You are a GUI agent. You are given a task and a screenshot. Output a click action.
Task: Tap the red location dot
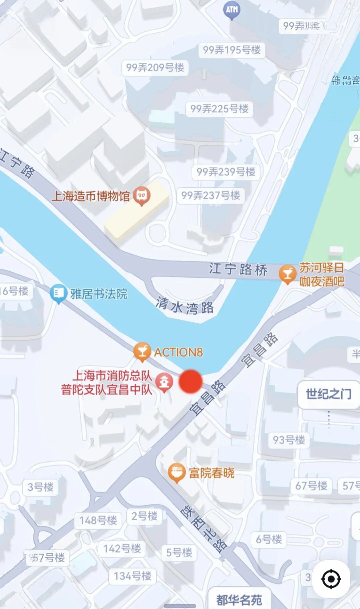tap(191, 382)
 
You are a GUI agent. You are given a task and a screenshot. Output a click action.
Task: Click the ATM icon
tap(232, 10)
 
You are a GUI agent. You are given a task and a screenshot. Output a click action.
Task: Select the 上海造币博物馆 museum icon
tap(142, 195)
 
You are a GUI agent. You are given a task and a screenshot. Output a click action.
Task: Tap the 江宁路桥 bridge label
tap(238, 269)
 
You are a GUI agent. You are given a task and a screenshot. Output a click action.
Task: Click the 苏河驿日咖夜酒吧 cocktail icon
tap(287, 274)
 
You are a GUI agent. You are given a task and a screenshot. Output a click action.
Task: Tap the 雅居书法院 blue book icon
tap(58, 293)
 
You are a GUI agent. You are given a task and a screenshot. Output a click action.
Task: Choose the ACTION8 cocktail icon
tap(142, 352)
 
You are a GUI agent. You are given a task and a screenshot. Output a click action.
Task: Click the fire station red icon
tap(164, 382)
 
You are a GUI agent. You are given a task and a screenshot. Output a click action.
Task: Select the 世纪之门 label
tap(328, 394)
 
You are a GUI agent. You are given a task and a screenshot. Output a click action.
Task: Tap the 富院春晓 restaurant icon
tap(176, 472)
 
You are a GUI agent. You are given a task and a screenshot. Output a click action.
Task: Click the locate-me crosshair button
tap(331, 579)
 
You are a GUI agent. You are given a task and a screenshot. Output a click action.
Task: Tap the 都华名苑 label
tap(239, 600)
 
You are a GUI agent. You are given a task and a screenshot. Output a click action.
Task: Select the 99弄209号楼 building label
tap(155, 68)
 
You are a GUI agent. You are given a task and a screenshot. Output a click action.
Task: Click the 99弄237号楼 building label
tap(211, 195)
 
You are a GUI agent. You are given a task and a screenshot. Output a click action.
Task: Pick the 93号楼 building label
tap(289, 440)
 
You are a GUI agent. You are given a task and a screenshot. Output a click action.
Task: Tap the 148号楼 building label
tap(98, 520)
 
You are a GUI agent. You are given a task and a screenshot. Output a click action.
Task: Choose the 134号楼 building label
tap(133, 576)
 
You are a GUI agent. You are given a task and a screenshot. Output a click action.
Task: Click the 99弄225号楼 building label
tap(219, 108)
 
